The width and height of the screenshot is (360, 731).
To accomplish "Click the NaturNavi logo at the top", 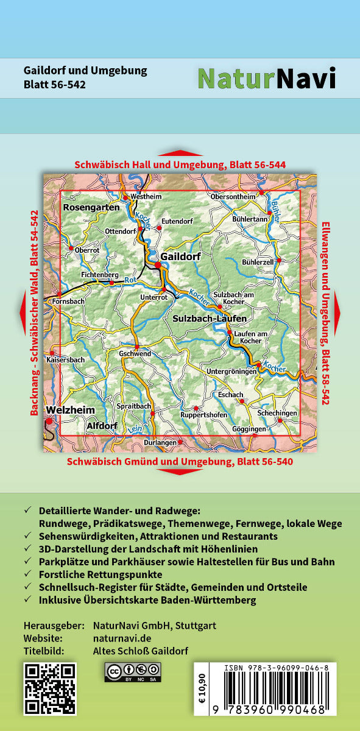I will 266,79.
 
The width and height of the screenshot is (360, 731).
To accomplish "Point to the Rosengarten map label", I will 91,208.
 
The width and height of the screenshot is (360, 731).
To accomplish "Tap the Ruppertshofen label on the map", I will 204,415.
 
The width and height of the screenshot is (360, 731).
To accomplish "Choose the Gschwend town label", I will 135,353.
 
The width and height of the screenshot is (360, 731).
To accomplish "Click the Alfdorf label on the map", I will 102,425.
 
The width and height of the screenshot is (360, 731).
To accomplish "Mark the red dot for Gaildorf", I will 158,264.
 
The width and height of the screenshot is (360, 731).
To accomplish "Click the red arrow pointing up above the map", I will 180,153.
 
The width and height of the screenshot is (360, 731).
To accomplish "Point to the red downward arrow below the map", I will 180,471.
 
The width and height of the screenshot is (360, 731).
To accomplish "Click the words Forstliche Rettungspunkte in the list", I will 101,573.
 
